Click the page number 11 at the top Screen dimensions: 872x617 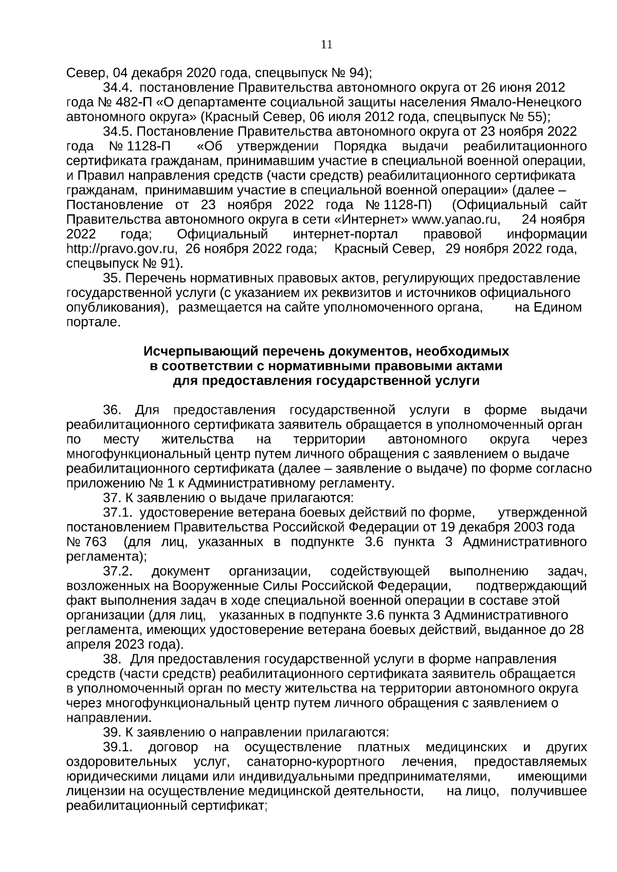[326, 45]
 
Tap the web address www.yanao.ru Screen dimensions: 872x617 [457, 220]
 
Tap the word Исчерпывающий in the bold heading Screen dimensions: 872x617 [199, 351]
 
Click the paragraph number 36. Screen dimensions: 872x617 [112, 411]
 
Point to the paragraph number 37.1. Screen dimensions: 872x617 [119, 513]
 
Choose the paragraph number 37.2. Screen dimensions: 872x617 [119, 572]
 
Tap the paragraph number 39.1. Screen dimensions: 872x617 [119, 747]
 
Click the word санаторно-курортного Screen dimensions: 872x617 [316, 762]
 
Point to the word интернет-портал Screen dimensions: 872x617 [346, 235]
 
